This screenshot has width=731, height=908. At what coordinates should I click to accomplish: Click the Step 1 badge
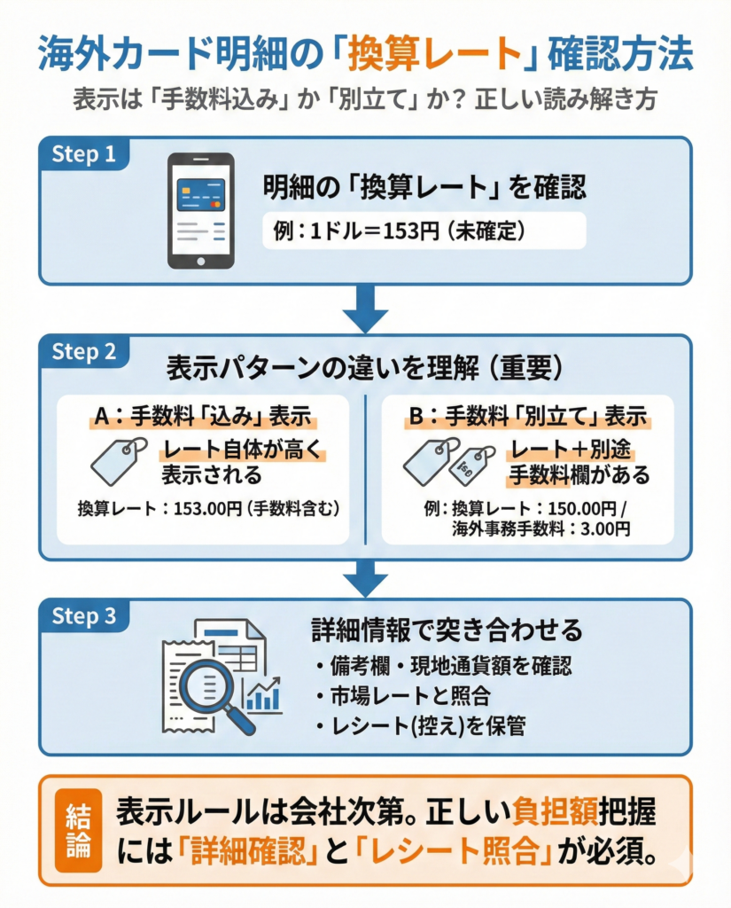[x=84, y=153]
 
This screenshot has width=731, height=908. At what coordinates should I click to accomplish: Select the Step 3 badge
[x=84, y=615]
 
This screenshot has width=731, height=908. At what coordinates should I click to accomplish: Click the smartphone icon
[x=201, y=210]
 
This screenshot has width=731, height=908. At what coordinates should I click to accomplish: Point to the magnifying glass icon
[x=212, y=692]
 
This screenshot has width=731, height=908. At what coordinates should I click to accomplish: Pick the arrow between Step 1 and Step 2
[x=365, y=310]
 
